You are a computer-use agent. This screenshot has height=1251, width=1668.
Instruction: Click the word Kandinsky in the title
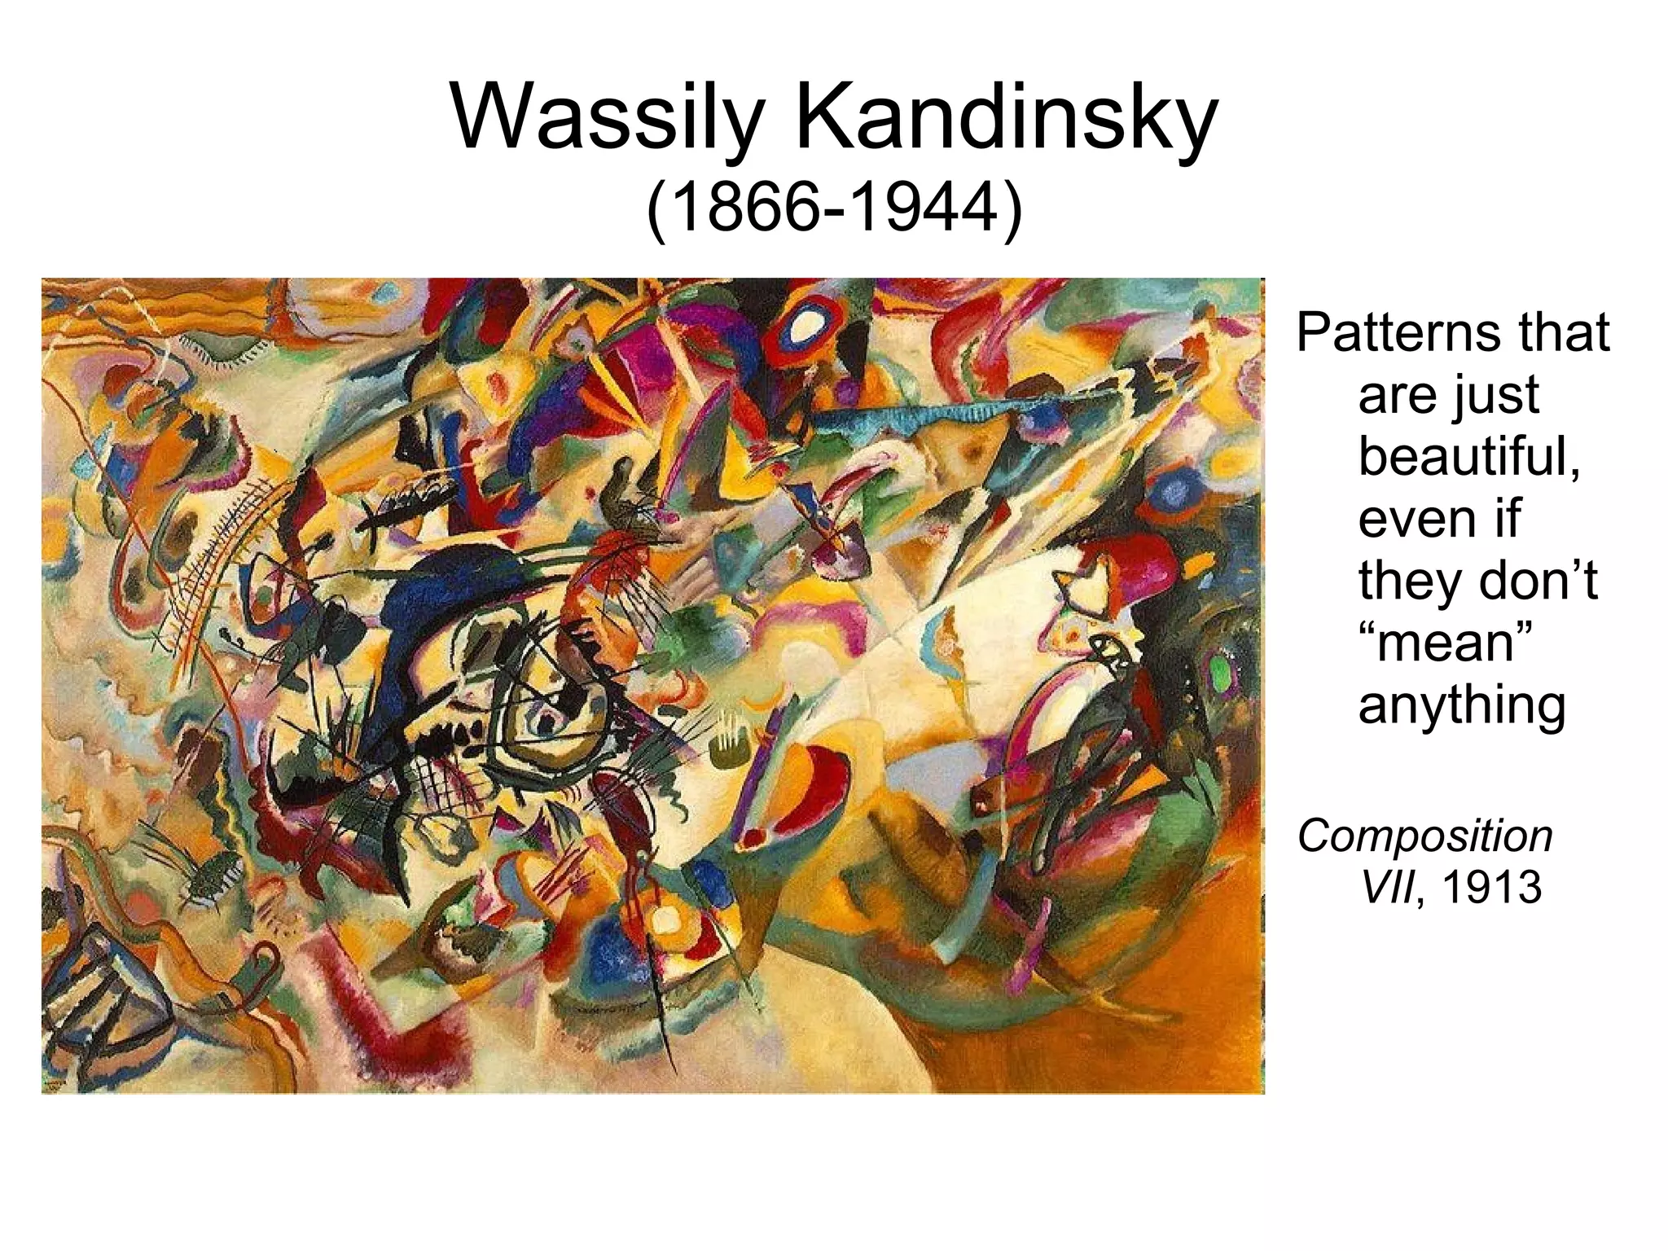pyautogui.click(x=1005, y=119)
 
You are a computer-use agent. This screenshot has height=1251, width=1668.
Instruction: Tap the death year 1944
pyautogui.click(x=924, y=211)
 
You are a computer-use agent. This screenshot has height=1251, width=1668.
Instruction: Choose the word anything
pyautogui.click(x=1462, y=705)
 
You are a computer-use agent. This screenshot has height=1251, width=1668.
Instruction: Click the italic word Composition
pyautogui.click(x=1425, y=836)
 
